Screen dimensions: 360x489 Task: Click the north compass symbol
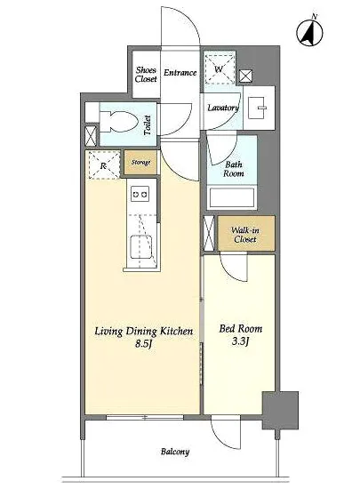[309, 32]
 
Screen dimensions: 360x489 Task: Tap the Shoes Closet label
[146, 75]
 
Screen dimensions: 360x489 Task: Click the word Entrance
[180, 73]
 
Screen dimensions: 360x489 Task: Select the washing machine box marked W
[220, 69]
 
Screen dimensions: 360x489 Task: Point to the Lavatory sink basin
[258, 108]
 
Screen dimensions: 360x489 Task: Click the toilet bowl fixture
[119, 123]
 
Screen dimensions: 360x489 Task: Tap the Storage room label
[140, 162]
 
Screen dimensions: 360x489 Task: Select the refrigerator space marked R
[104, 165]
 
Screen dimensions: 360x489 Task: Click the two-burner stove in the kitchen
[140, 194]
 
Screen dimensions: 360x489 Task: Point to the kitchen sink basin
[140, 247]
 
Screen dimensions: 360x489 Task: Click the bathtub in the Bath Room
[232, 197]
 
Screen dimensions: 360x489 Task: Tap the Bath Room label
[233, 169]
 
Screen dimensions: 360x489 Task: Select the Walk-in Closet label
[245, 235]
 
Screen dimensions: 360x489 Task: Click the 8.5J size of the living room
[143, 344]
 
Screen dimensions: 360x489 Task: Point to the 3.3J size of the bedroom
[240, 341]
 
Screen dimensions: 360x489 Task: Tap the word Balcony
[175, 452]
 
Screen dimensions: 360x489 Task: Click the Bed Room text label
[241, 328]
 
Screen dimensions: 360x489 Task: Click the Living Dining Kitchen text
[144, 331]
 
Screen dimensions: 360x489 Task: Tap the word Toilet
[148, 125]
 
